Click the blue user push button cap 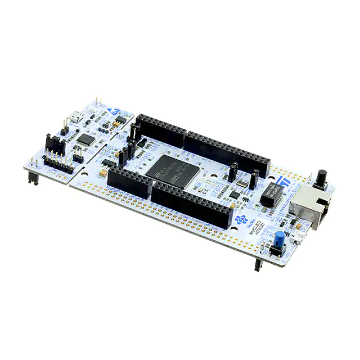coord(280,236)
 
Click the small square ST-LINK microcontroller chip coord(85,138)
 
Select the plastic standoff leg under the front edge coord(257,263)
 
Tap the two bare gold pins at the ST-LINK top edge coord(98,102)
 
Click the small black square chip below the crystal coord(235,195)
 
